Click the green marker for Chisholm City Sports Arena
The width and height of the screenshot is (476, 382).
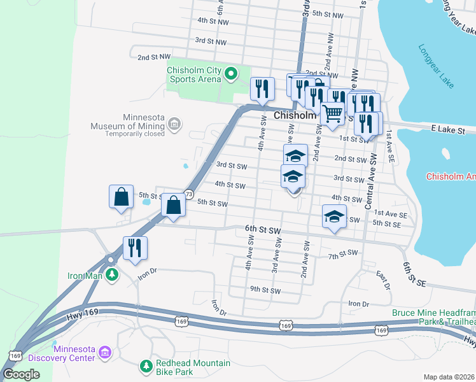coord(230,75)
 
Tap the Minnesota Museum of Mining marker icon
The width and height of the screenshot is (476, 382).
coord(176,123)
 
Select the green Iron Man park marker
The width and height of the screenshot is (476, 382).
coord(112,274)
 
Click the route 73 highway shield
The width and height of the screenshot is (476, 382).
coord(188,194)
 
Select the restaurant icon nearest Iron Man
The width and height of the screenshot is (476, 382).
coord(135,247)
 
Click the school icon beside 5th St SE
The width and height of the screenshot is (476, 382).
coord(335,217)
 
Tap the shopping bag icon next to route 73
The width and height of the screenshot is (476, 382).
coord(173,205)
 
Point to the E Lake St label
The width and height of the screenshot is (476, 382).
coord(448,129)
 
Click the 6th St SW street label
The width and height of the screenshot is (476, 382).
coord(263,229)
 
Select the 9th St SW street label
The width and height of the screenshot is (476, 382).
coord(265,290)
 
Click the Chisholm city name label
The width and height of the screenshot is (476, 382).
coord(295,116)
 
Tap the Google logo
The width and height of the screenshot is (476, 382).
coord(22,374)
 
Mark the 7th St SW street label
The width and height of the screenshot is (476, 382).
coord(344,254)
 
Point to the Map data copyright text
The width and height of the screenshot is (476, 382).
coord(449,377)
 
